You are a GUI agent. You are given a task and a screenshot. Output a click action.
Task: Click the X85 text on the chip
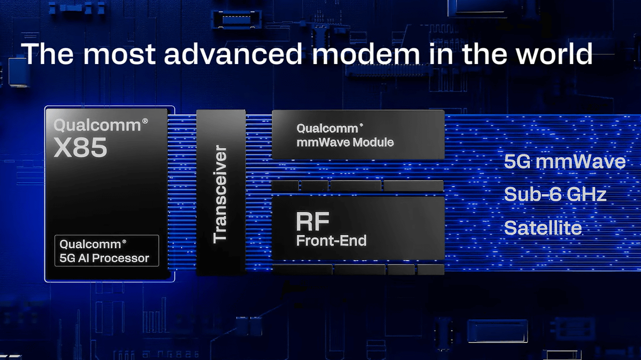coord(81,147)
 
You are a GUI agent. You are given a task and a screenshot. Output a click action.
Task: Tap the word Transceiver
coord(220,194)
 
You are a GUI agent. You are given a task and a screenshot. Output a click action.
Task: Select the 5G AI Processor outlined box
coord(107,251)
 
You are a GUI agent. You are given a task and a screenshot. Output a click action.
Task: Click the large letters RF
coord(312,222)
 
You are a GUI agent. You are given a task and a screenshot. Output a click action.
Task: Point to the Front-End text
coord(331,241)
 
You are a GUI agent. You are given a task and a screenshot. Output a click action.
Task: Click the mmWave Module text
coord(345,142)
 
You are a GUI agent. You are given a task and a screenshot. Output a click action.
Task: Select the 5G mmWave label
coord(565,162)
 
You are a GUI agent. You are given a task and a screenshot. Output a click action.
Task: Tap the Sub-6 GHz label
coord(555,194)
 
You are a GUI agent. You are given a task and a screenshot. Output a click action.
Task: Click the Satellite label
coord(543,228)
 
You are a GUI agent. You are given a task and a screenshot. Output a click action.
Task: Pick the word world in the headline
coord(554,53)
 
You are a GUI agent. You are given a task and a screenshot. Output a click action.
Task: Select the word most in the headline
coord(119,55)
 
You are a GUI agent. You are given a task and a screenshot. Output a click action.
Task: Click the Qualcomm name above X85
coord(97,126)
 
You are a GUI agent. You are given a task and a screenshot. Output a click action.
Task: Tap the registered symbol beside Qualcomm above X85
coord(145,121)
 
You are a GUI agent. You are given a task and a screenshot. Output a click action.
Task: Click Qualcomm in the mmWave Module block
coord(327,129)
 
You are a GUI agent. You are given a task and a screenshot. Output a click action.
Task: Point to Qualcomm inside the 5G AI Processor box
coord(90,245)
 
